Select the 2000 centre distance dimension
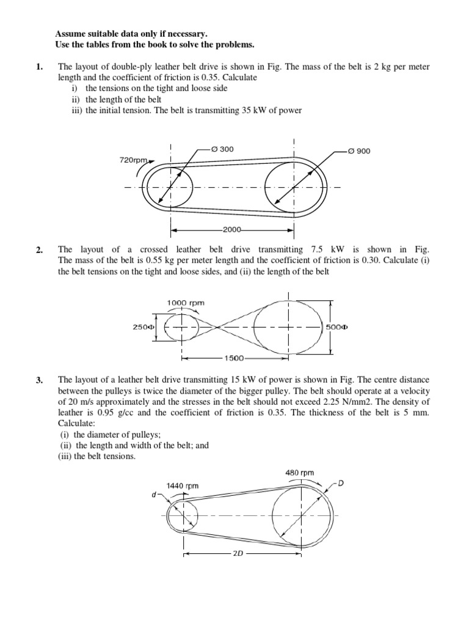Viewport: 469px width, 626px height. (232, 230)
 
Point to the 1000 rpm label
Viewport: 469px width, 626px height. (186, 303)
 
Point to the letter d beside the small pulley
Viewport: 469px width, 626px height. (155, 495)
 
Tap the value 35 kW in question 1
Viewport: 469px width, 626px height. (264, 110)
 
